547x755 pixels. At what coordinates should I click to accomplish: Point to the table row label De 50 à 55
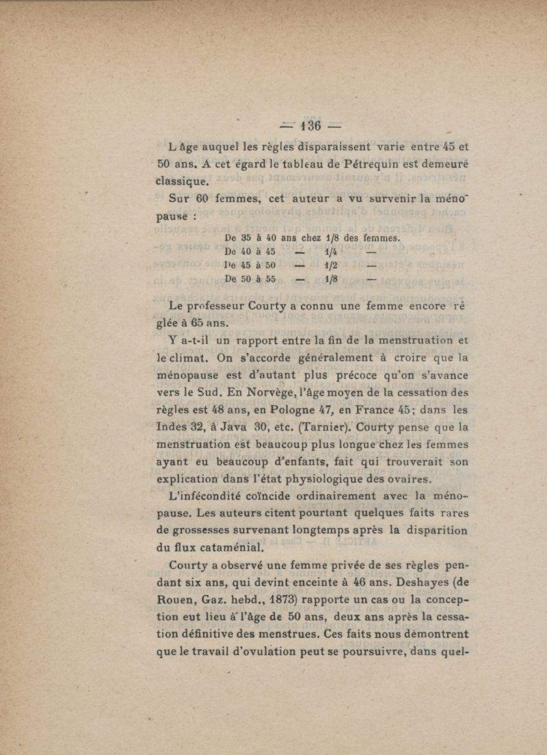tap(250, 279)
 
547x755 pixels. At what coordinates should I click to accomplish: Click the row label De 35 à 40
tap(250, 238)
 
